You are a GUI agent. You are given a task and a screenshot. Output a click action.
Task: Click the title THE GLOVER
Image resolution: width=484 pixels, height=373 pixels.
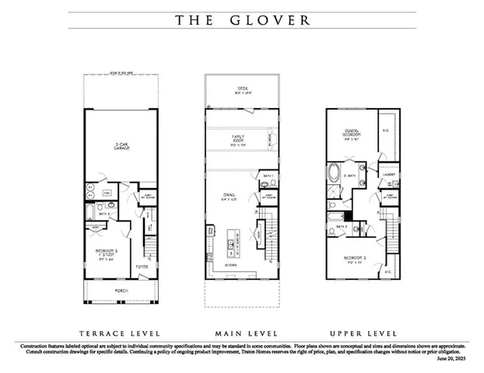(241, 20)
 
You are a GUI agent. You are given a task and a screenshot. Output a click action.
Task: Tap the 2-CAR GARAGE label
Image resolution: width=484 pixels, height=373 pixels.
(120, 147)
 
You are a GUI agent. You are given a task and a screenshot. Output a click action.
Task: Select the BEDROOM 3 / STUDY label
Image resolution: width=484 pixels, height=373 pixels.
(107, 253)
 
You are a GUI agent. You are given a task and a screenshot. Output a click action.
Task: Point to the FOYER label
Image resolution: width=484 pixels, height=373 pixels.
(142, 267)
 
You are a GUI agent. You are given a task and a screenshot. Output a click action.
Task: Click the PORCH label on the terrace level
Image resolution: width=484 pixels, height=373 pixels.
(121, 291)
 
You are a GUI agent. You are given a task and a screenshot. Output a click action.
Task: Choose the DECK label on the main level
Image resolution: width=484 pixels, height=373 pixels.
(240, 90)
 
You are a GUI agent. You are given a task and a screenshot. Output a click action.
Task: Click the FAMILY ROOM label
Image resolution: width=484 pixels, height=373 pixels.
(238, 140)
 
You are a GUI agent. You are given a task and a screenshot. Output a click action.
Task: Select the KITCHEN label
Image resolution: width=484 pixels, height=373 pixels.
(232, 266)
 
